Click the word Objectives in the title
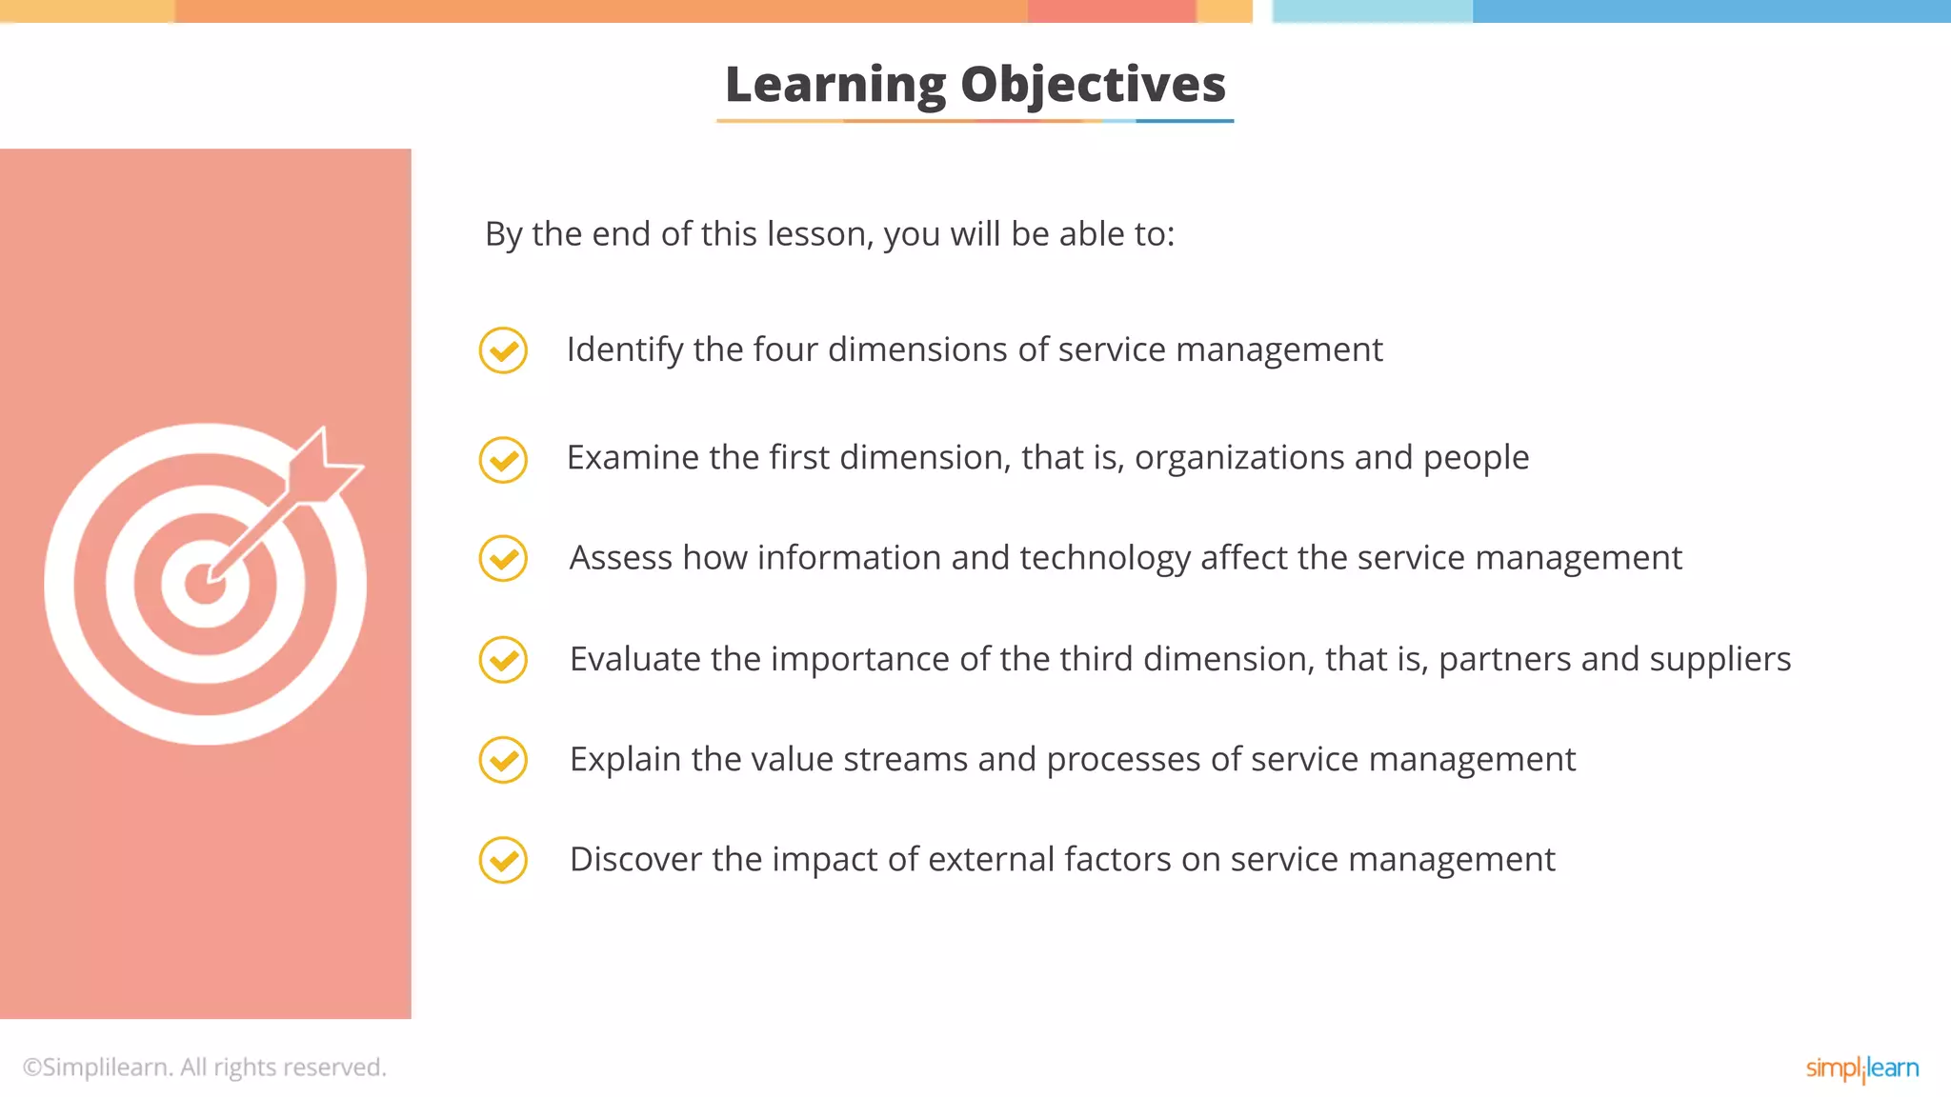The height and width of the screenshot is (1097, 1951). [1093, 86]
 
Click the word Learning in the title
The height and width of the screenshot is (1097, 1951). [835, 86]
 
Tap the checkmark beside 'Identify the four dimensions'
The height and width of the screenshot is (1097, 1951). [503, 350]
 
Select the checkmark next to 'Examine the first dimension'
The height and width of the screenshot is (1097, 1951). [503, 460]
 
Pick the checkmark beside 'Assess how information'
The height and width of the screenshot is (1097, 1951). [503, 558]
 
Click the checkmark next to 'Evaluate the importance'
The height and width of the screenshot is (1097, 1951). [503, 659]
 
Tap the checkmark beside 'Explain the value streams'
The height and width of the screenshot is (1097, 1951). [503, 760]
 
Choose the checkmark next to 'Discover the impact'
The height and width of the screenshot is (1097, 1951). [503, 860]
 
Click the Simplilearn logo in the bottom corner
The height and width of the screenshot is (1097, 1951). [1861, 1068]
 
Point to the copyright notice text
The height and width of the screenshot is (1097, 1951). [205, 1067]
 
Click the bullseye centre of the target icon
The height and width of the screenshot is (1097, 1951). [205, 584]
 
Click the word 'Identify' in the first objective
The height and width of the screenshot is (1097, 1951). [625, 350]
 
